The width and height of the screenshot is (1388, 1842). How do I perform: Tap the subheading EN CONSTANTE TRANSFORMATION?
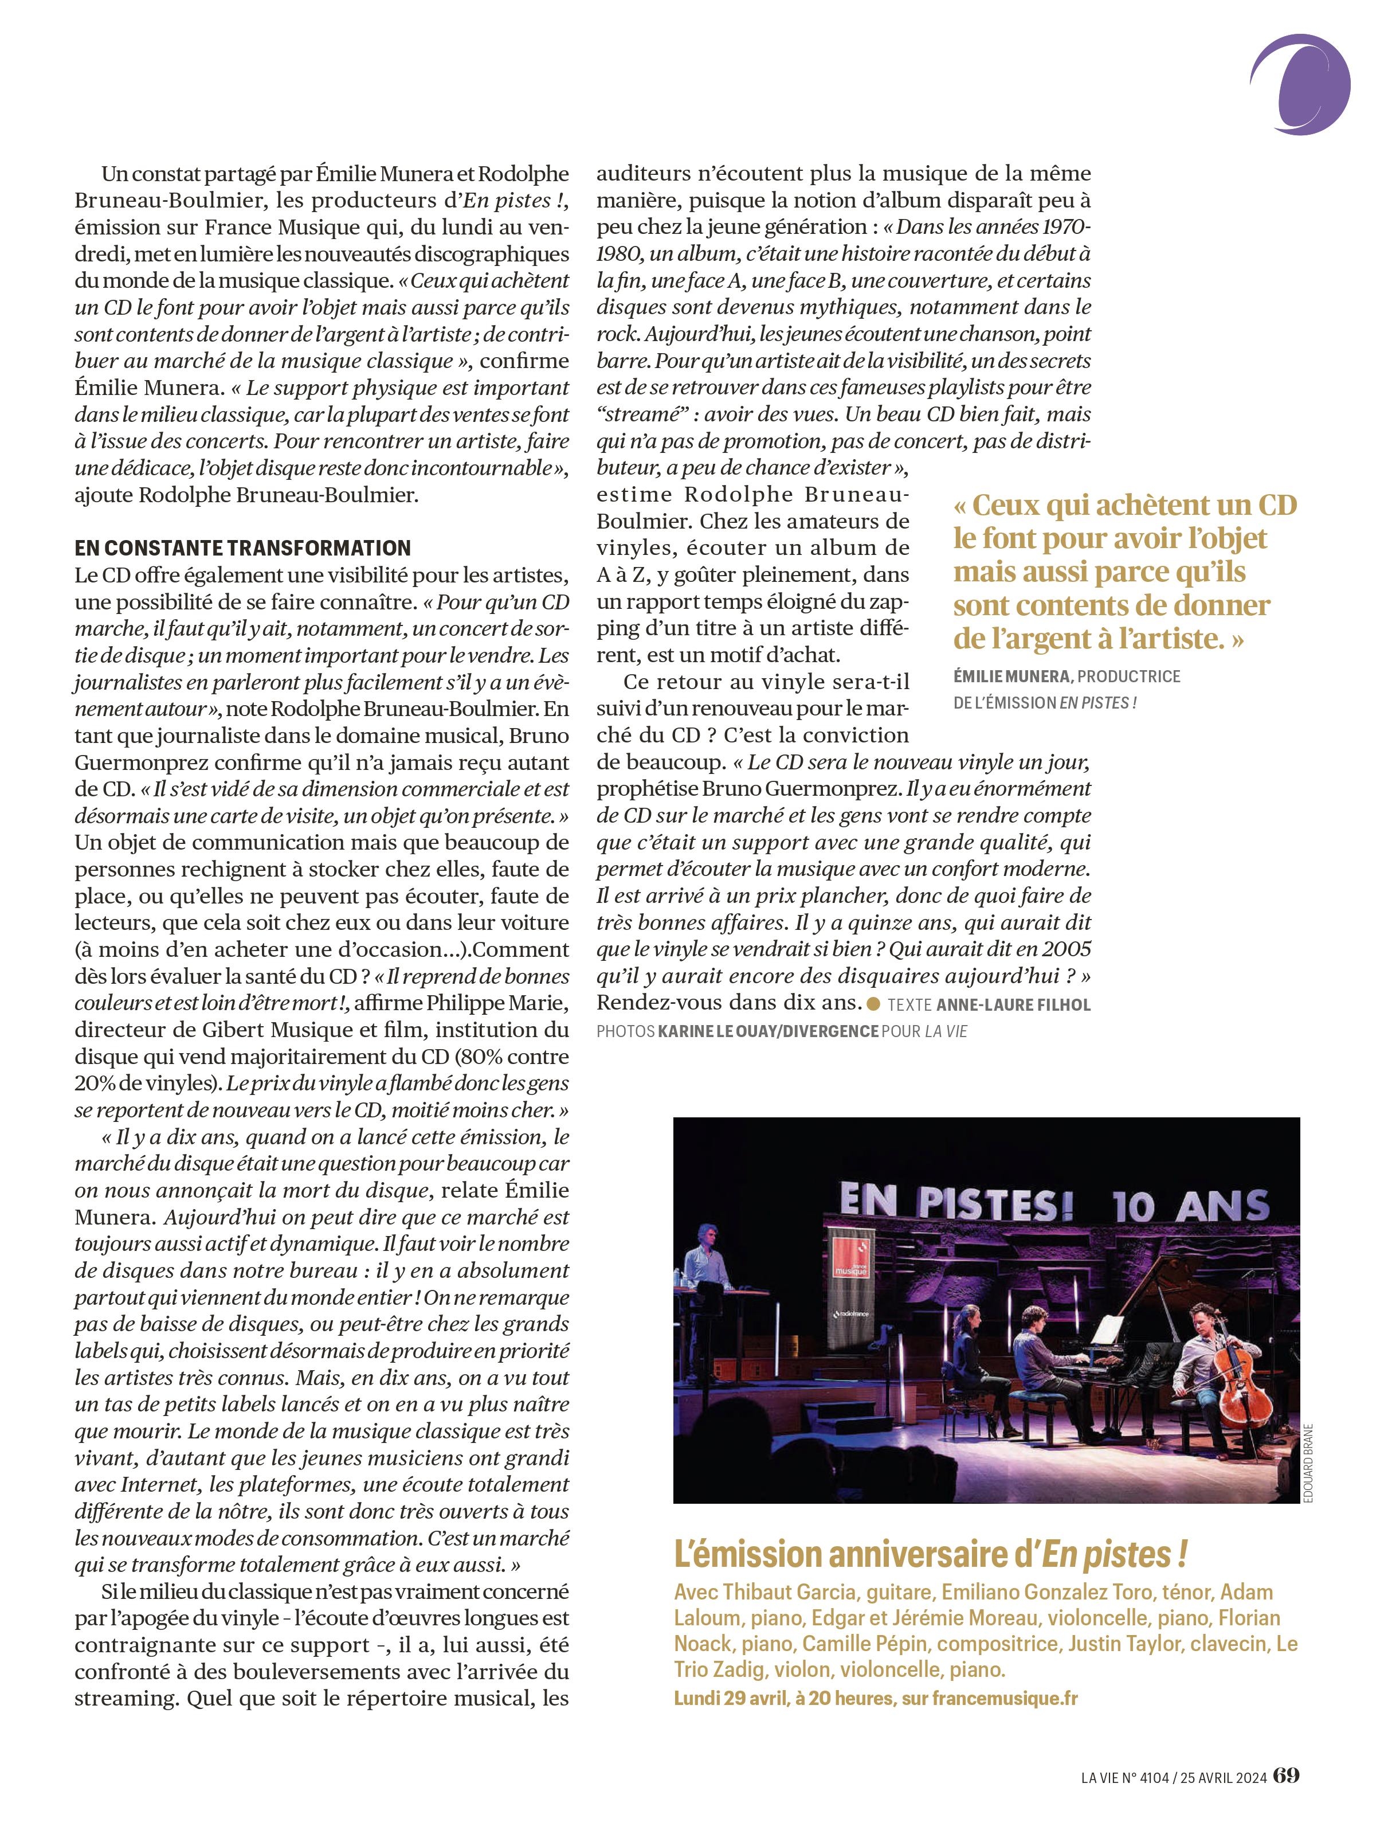(x=242, y=548)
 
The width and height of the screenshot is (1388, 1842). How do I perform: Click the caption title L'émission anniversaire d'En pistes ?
(x=930, y=1554)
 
